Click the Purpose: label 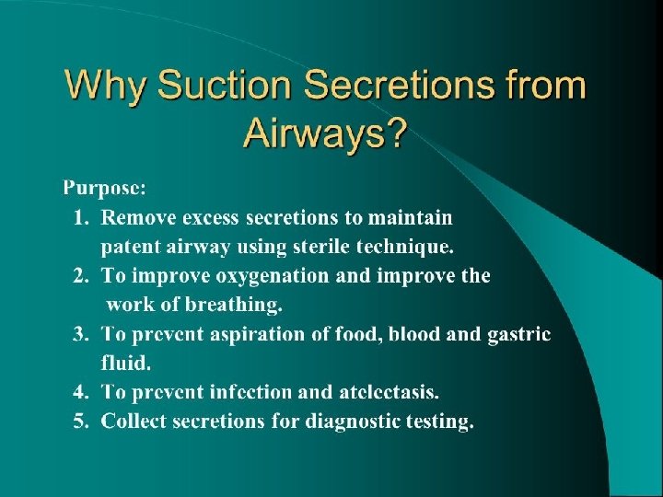[103, 189]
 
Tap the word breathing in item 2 [237, 305]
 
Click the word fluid [122, 363]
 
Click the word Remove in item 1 [134, 217]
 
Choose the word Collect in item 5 [134, 422]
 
